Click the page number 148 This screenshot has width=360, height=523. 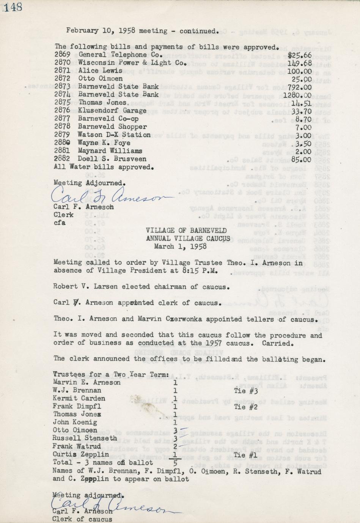13,7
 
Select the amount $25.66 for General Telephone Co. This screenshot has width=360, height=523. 299,55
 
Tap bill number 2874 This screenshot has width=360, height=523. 62,94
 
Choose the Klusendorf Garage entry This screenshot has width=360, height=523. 112,111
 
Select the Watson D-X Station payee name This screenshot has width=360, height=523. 114,135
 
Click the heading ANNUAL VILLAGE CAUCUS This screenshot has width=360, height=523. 188,238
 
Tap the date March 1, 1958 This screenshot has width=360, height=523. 180,246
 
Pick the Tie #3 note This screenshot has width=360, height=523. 246,391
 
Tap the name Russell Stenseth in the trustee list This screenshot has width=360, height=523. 85,438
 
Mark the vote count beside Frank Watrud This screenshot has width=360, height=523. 175,446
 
